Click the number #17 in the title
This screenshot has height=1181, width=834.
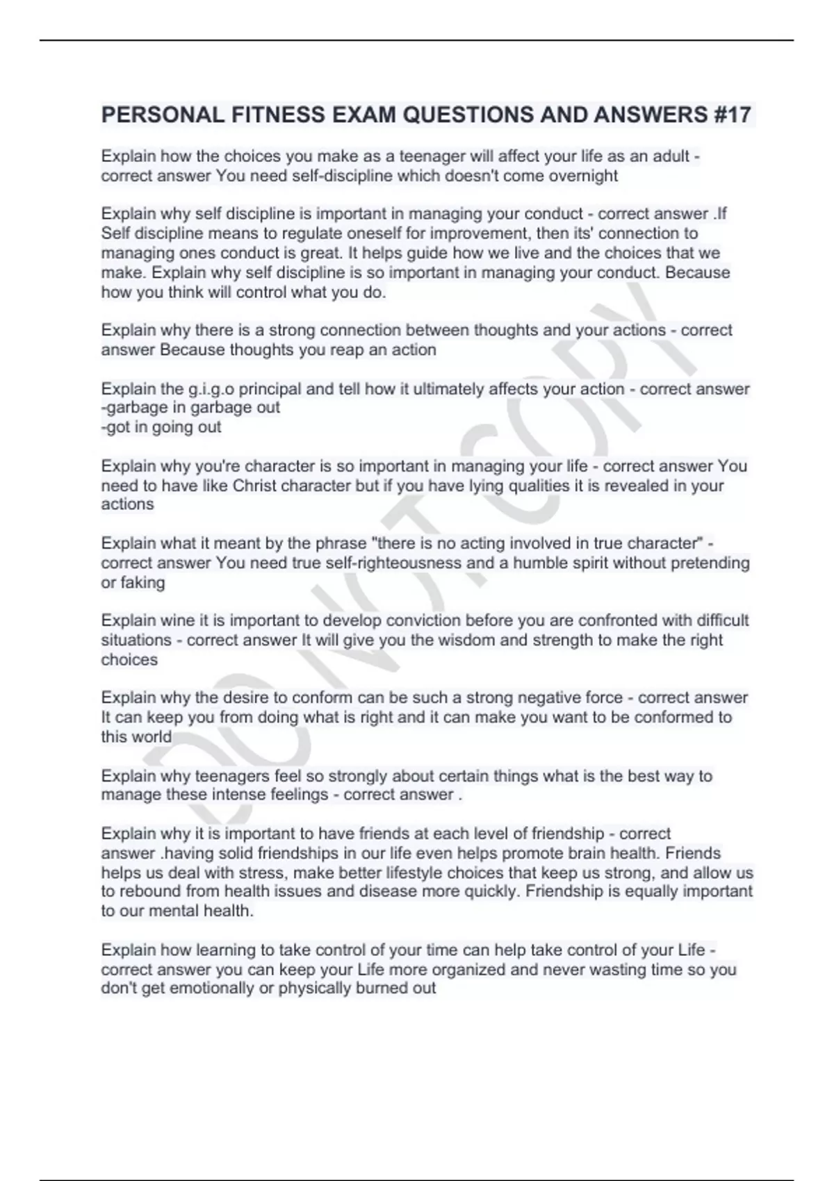click(732, 115)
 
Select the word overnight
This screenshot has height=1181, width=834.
click(582, 176)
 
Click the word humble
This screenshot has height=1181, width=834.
click(539, 563)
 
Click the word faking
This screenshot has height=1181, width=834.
click(142, 582)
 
